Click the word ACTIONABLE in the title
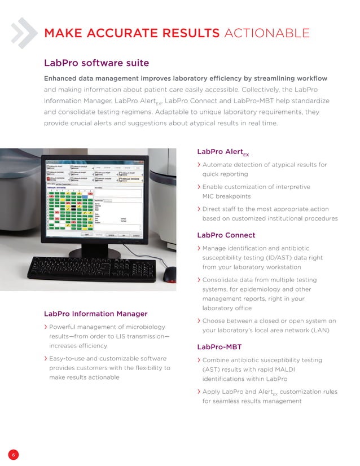pyautogui.click(x=266, y=33)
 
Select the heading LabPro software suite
pyautogui.click(x=96, y=62)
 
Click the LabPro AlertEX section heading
pyautogui.click(x=223, y=152)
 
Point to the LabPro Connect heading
pyautogui.click(x=226, y=235)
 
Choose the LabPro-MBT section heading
pyautogui.click(x=219, y=346)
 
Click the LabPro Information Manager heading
pyautogui.click(x=95, y=313)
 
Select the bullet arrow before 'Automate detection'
pyautogui.click(x=199, y=165)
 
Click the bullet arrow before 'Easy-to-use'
pyautogui.click(x=46, y=359)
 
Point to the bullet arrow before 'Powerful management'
pyautogui.click(x=46, y=327)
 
